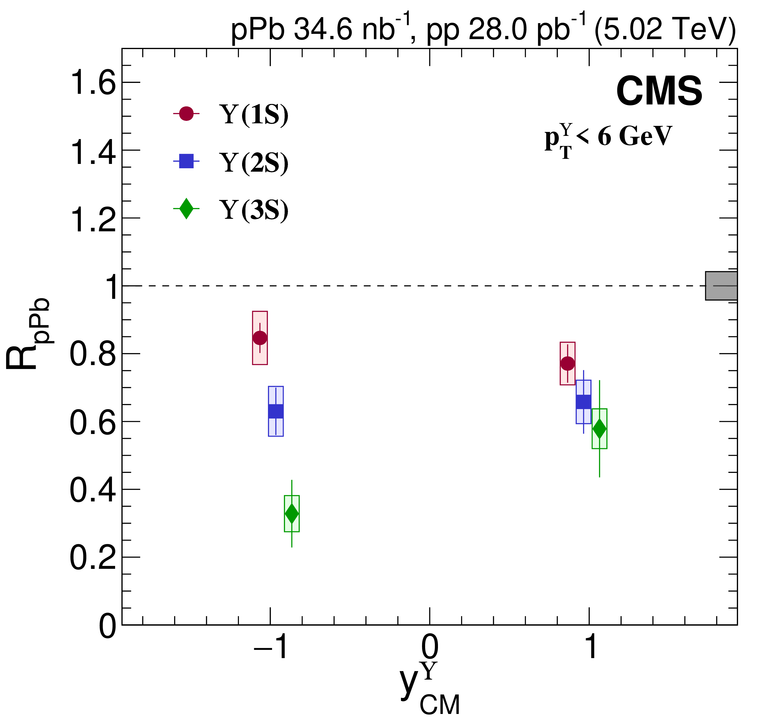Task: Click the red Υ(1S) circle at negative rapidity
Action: click(260, 338)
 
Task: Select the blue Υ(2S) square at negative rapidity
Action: click(276, 411)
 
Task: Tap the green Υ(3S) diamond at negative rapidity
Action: click(291, 514)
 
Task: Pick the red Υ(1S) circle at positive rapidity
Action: click(567, 364)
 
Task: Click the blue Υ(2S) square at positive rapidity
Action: click(583, 402)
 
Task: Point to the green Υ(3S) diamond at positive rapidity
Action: click(599, 429)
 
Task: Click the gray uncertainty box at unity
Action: click(721, 286)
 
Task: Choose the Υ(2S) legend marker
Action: click(186, 161)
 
